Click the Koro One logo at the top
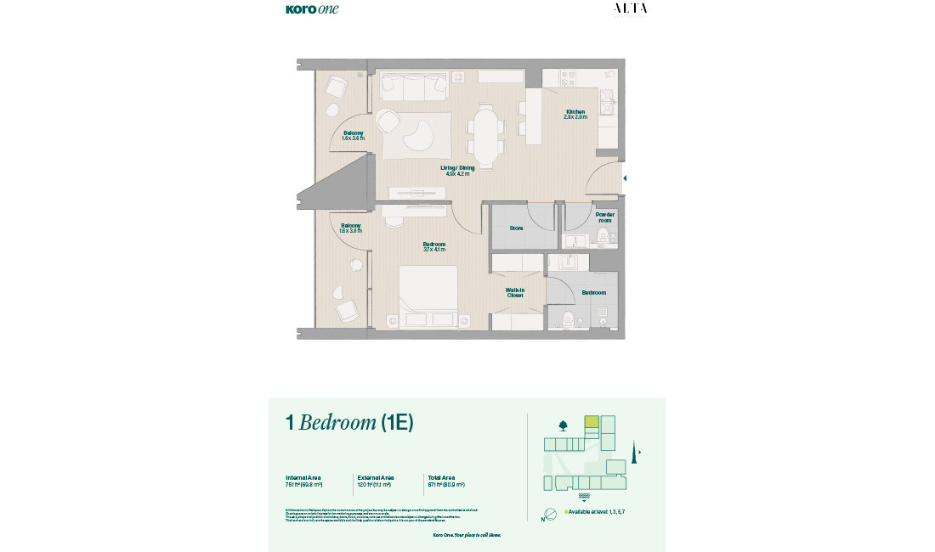click(312, 9)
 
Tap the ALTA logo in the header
click(630, 8)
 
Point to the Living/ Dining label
click(457, 170)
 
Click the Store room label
click(516, 228)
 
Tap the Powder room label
click(604, 217)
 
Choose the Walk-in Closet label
click(515, 292)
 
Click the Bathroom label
click(593, 293)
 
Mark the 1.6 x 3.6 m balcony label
click(354, 136)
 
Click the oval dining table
click(486, 136)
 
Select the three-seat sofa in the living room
click(414, 85)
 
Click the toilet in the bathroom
click(568, 318)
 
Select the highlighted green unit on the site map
click(592, 421)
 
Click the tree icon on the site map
click(563, 425)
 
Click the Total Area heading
click(442, 478)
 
